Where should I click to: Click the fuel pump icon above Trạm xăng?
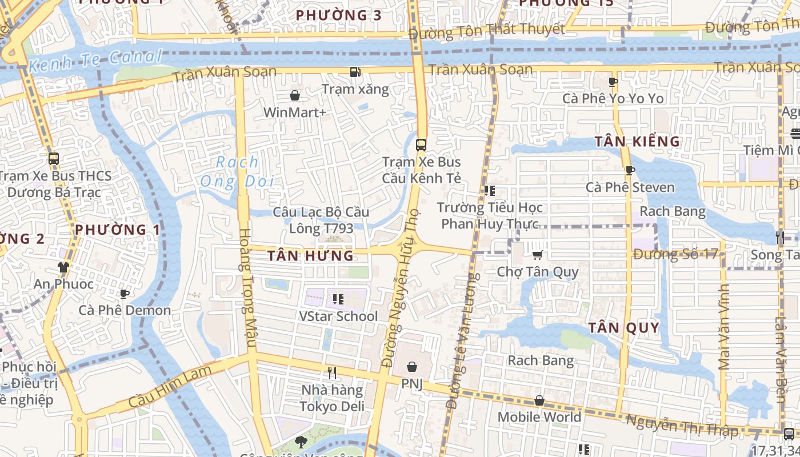tap(355, 72)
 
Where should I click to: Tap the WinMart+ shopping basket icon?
tap(295, 95)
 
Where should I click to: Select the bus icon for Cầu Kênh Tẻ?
tap(421, 145)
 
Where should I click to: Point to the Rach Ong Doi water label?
tap(237, 172)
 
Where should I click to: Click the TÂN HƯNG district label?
tap(311, 256)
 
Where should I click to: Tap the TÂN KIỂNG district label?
tap(637, 142)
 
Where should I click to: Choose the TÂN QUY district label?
tap(624, 328)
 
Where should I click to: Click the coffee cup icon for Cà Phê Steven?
tap(630, 170)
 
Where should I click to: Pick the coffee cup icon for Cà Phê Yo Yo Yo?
tap(613, 82)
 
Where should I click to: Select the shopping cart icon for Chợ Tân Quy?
tap(537, 255)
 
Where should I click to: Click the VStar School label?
tap(338, 316)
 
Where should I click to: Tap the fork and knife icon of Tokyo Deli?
tap(332, 373)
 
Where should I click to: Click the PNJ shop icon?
tap(411, 367)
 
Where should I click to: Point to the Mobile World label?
tap(539, 417)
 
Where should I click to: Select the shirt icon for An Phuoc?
tap(63, 267)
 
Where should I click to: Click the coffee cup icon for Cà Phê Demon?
tap(124, 294)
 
